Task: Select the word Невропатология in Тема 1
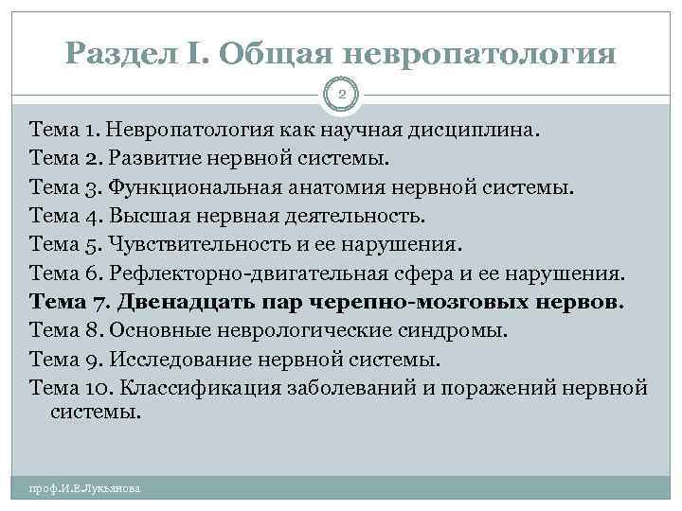189,128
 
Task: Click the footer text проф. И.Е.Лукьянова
85,488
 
